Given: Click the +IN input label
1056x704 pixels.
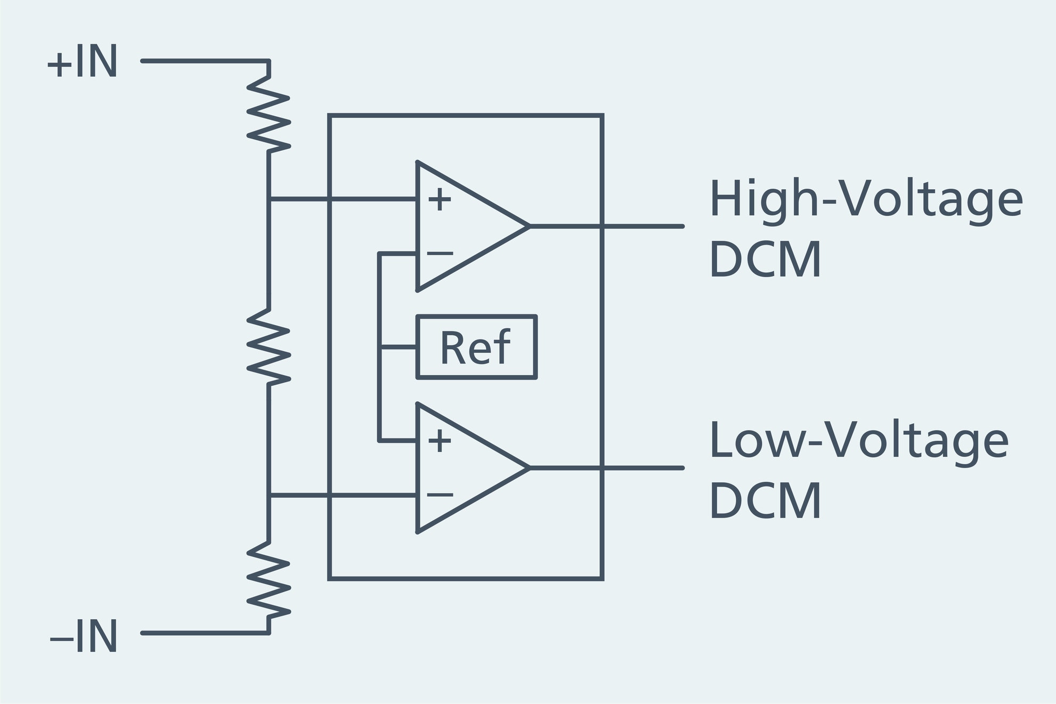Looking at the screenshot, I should (x=83, y=62).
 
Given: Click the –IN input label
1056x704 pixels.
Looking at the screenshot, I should (x=84, y=636).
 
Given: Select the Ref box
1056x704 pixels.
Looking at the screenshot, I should (x=476, y=347).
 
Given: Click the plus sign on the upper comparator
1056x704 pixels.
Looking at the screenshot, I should (x=440, y=200).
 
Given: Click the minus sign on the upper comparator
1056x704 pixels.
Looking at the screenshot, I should (x=440, y=253).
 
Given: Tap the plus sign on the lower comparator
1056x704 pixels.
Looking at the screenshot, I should (x=440, y=441).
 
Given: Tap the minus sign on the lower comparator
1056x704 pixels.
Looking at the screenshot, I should (x=440, y=495).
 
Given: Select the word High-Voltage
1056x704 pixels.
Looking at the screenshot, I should (x=865, y=199).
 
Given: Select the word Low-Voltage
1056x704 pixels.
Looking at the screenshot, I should (x=858, y=441).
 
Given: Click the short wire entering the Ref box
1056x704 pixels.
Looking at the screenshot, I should (x=398, y=347).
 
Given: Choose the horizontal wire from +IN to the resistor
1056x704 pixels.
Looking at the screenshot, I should (x=205, y=61).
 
